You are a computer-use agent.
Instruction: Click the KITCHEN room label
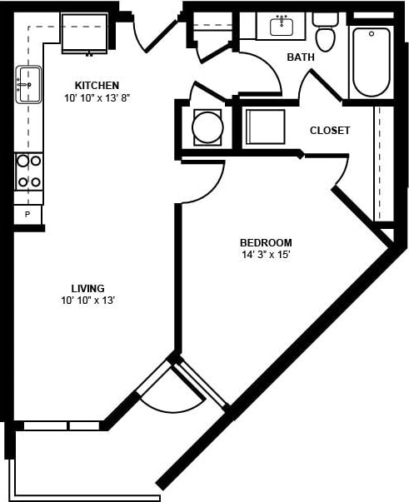point(97,85)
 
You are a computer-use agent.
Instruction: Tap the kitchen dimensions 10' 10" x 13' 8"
point(97,98)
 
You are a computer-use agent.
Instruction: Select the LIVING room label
point(87,288)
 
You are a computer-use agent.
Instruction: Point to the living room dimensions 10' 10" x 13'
point(87,301)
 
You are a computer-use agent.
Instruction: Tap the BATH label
point(299,57)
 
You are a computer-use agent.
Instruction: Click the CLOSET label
point(330,131)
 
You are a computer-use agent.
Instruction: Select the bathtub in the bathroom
point(371,62)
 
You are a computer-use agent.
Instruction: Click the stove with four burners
point(29,171)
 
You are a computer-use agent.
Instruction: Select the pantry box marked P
point(27,215)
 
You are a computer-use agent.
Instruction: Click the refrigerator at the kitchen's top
point(84,33)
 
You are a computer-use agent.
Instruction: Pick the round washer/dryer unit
point(207,127)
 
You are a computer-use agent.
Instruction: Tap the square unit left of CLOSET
point(265,127)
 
